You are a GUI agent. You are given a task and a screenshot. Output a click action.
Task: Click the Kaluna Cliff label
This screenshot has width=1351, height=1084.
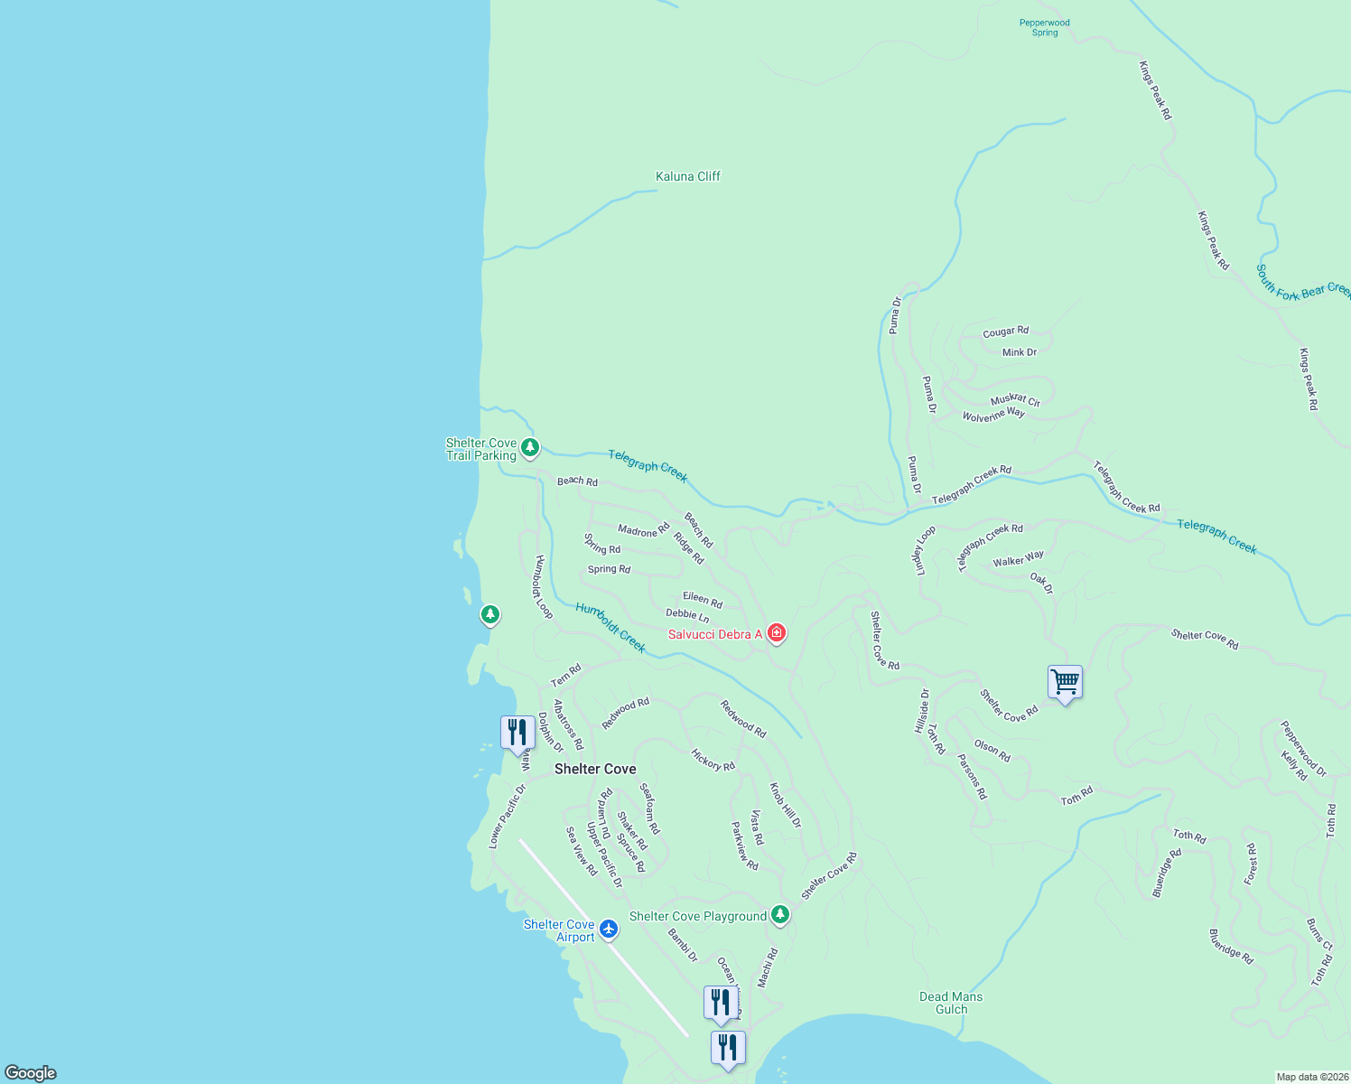click(x=687, y=176)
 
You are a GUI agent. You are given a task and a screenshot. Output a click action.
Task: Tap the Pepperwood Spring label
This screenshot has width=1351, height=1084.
click(x=1044, y=28)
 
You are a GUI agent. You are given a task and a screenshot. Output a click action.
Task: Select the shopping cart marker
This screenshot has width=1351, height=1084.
click(x=1065, y=683)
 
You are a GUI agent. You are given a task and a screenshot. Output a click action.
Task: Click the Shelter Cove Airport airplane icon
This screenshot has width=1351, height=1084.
click(x=609, y=928)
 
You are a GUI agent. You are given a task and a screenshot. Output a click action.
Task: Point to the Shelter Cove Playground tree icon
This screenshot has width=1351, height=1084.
click(x=781, y=915)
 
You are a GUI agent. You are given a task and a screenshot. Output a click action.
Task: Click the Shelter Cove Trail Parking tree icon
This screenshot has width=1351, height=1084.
click(x=530, y=447)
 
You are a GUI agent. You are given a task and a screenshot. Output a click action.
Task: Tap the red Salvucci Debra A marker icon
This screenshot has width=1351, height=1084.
click(x=776, y=633)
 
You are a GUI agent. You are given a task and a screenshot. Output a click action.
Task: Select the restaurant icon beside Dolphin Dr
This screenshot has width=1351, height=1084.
click(x=517, y=733)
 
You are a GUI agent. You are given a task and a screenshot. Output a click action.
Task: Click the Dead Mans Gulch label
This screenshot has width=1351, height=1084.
click(x=951, y=1003)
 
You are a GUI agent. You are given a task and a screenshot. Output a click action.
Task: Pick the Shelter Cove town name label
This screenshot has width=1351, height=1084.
click(x=595, y=769)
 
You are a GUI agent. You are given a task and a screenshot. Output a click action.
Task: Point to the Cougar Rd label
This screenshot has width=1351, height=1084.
click(x=1005, y=332)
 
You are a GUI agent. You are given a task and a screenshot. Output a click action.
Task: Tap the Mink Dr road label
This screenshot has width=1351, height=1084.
click(x=1020, y=352)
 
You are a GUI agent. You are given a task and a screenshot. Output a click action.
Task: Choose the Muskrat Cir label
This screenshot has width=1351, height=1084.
click(x=1015, y=399)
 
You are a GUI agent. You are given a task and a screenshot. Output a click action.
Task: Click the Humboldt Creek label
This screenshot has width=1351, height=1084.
click(x=610, y=627)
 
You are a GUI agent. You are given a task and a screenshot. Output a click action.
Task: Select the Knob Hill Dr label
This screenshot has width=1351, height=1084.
click(x=785, y=805)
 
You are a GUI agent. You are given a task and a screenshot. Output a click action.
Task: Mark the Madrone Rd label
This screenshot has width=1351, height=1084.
click(x=644, y=530)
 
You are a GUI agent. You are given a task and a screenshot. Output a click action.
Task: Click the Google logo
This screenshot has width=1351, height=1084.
click(x=31, y=1073)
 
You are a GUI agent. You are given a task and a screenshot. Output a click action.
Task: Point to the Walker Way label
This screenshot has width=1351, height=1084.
click(x=1018, y=559)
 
